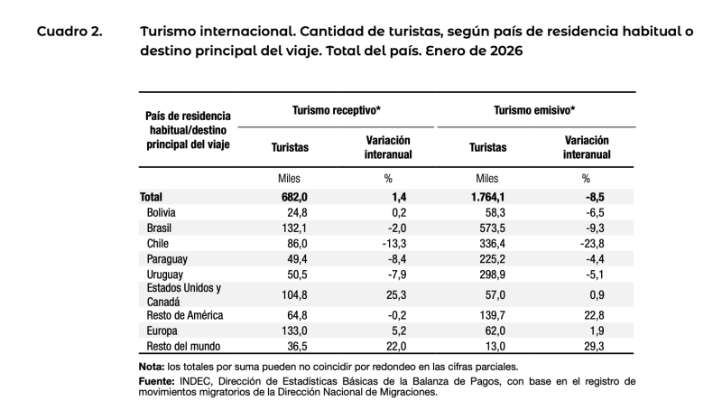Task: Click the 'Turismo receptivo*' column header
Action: (336, 109)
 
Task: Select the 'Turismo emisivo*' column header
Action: (534, 109)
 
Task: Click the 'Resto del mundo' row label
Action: (184, 346)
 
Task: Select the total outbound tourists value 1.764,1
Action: (486, 196)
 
